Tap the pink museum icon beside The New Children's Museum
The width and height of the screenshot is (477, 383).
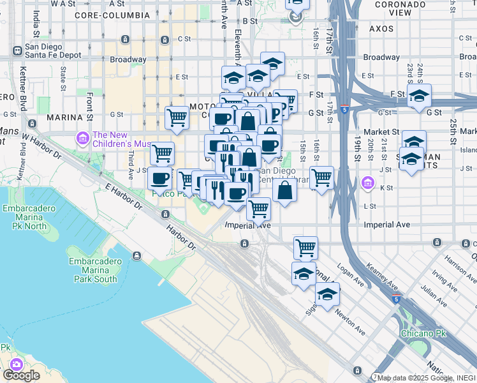pos(82,137)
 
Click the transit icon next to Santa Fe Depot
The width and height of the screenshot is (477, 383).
pos(17,50)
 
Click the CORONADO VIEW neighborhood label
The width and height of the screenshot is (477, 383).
pos(401,8)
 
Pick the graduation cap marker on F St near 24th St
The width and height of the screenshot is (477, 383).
pos(419,97)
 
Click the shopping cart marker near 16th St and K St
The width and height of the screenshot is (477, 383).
pos(322,177)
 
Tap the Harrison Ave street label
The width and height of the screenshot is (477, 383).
pos(457,267)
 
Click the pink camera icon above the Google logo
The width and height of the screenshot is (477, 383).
pos(16,364)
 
